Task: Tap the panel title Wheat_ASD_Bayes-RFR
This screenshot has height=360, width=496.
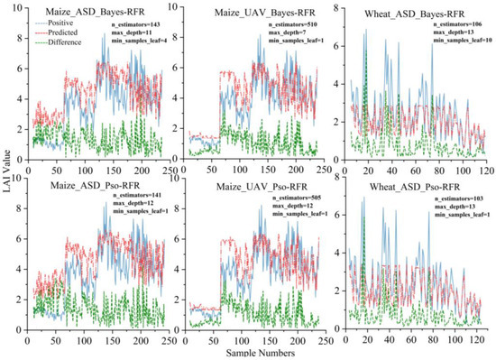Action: pos(423,12)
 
